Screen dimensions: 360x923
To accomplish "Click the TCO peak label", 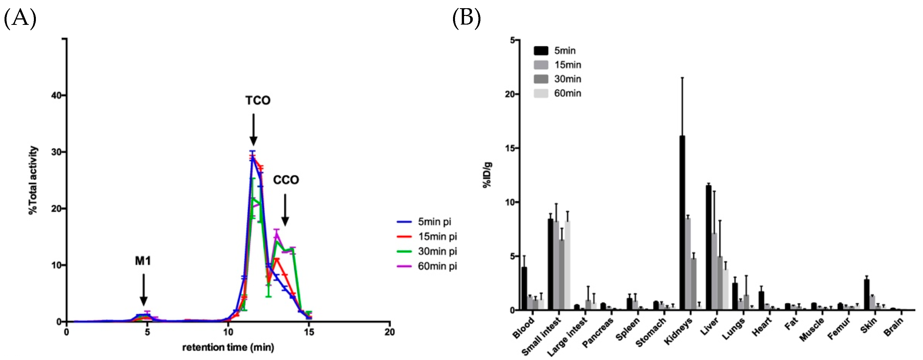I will tap(258, 100).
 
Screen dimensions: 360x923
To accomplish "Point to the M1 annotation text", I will tap(143, 261).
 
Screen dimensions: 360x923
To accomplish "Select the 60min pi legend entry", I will tap(426, 266).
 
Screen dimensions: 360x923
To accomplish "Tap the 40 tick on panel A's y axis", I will tap(56, 95).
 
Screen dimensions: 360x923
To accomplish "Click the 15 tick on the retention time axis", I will tap(309, 332).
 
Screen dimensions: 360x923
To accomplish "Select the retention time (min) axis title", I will tap(228, 347).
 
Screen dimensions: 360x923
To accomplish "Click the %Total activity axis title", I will tap(33, 180).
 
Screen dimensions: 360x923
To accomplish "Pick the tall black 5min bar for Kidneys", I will tap(682, 222).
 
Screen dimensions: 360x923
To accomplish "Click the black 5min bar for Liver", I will tap(708, 247).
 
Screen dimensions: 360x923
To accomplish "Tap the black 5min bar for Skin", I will tap(867, 294).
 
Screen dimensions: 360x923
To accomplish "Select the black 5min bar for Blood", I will tap(524, 288).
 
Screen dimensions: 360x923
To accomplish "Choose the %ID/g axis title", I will tap(487, 175).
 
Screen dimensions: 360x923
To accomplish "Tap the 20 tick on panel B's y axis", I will tap(510, 94).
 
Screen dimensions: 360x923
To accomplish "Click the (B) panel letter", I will tap(466, 18).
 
